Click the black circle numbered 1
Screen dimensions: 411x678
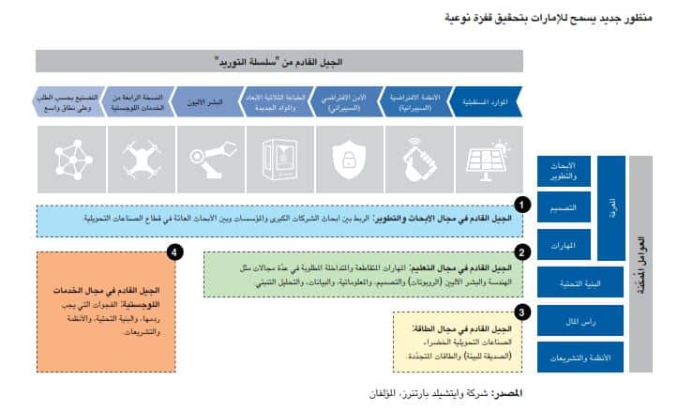522,204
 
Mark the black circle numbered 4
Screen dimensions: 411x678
173,251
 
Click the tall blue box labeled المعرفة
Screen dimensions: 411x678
612,206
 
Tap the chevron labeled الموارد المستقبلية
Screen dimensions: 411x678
490,101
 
